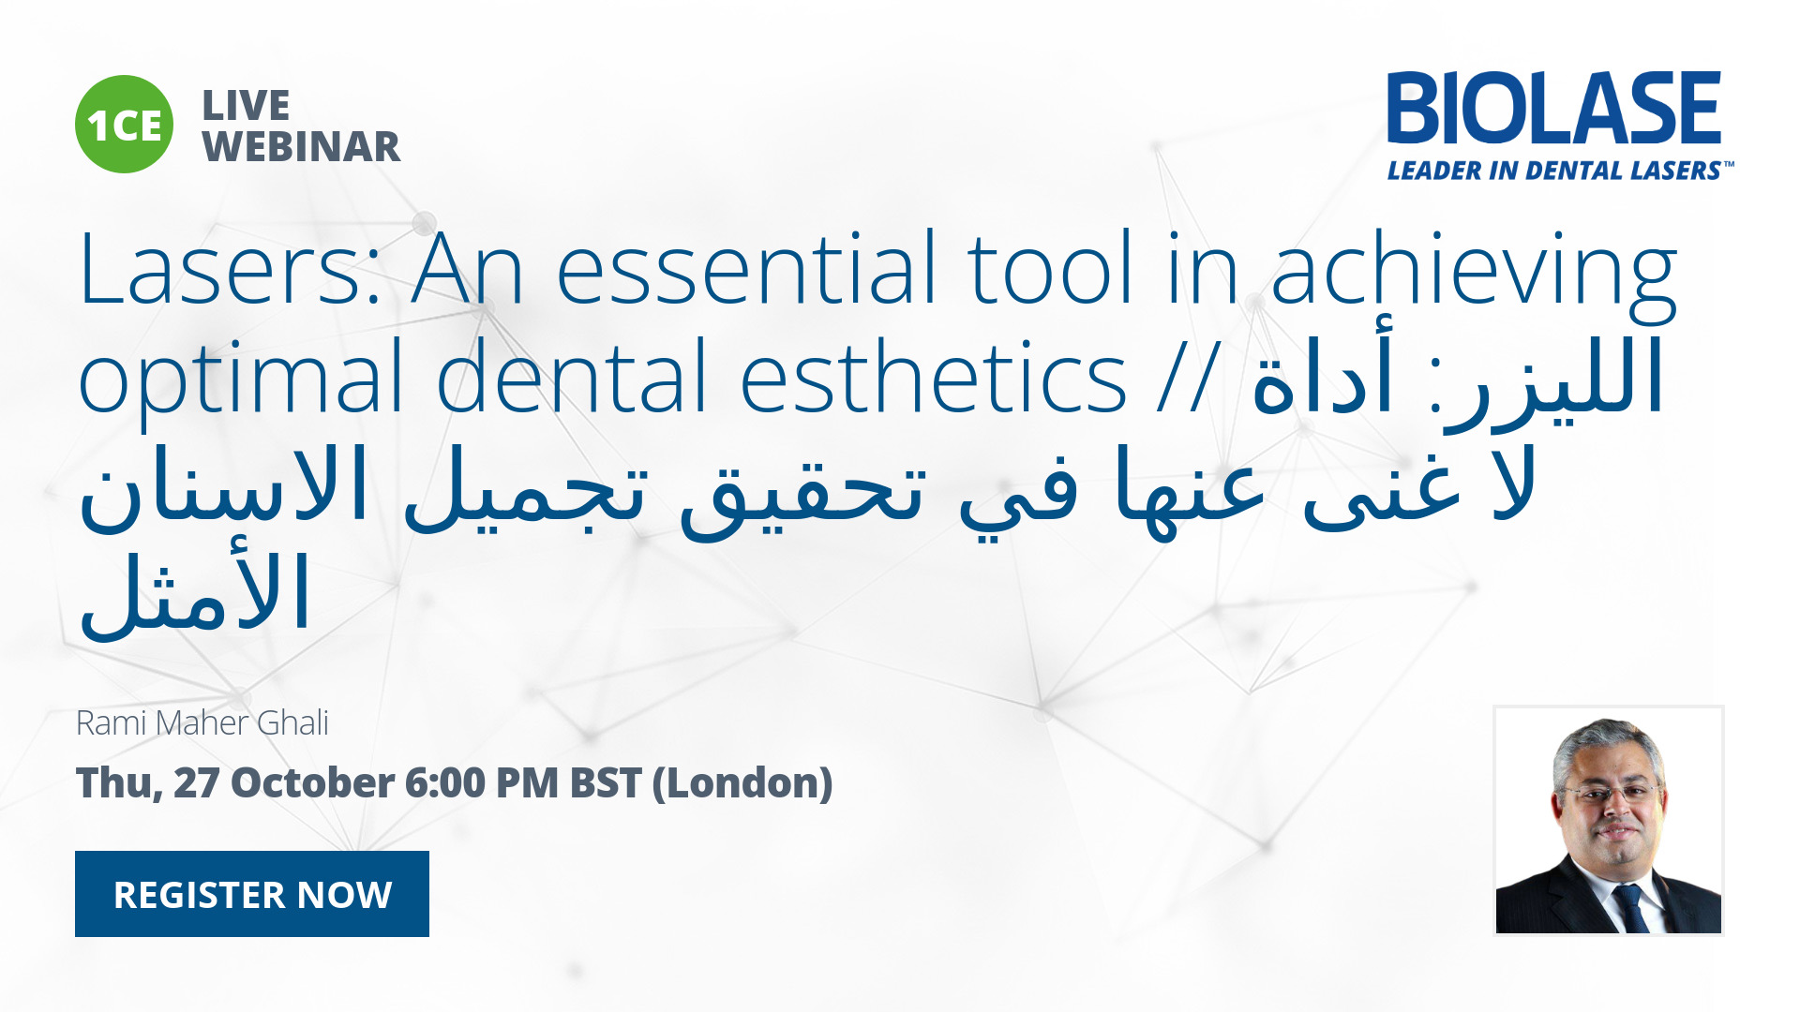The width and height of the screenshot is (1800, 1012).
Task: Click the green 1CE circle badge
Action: [x=124, y=125]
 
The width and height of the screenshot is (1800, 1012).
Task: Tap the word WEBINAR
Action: [x=301, y=147]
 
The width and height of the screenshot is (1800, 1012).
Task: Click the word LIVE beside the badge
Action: [x=246, y=105]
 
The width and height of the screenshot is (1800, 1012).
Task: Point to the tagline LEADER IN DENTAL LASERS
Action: [x=1559, y=171]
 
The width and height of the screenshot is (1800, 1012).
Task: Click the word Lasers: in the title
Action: [x=231, y=270]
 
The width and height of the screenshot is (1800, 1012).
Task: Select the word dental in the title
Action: [x=572, y=376]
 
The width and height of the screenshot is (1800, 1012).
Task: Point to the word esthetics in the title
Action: [x=934, y=376]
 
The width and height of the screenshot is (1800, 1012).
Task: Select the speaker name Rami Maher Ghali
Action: [x=202, y=723]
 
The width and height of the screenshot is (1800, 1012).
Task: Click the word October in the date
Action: [x=312, y=783]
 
